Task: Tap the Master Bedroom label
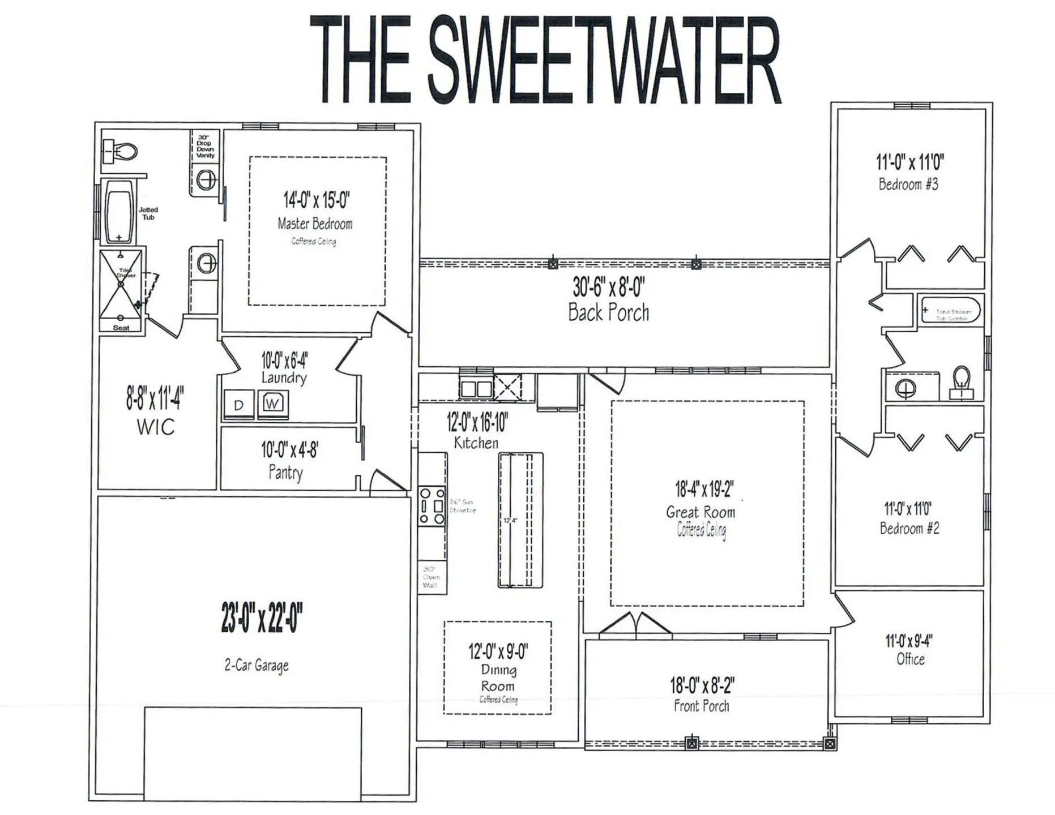coord(315,224)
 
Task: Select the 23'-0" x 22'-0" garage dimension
coord(262,619)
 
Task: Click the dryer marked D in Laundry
coord(238,405)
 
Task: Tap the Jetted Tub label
coord(148,213)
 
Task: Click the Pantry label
coord(285,473)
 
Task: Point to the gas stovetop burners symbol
coord(431,505)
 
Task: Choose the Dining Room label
coord(498,678)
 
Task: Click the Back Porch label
coord(609,312)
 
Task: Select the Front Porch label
coord(702,706)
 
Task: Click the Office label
coord(911,659)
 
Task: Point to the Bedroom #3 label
coord(908,185)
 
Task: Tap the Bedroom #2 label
coord(909,529)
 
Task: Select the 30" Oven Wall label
coord(431,577)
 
